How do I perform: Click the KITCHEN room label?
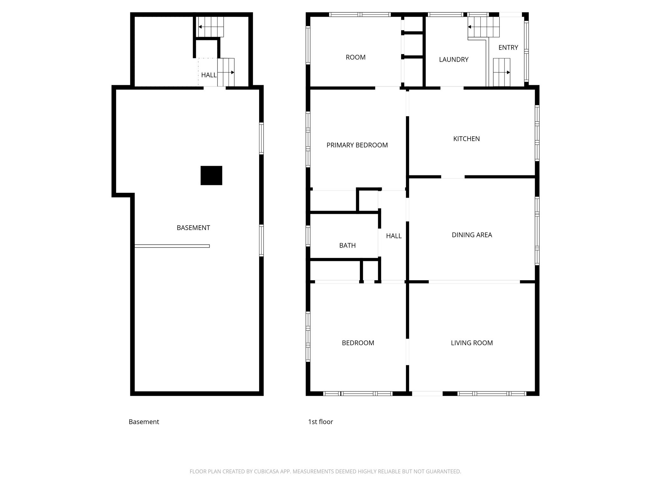point(466,139)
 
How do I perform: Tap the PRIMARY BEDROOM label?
point(357,145)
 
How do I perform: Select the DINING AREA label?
point(472,235)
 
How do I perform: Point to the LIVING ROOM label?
point(472,343)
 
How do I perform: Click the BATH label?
point(347,245)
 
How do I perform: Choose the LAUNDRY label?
point(454,59)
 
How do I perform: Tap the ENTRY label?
point(508,48)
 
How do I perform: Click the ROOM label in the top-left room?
point(356,57)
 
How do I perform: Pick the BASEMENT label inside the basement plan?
point(193,228)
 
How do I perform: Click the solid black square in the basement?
point(211,175)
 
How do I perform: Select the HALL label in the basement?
point(209,75)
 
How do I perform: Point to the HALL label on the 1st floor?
point(394,236)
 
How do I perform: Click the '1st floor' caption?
point(320,422)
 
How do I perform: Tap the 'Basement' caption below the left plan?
point(144,422)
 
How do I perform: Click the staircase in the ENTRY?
point(502,72)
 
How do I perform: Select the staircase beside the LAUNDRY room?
point(483,27)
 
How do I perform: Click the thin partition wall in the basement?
point(172,246)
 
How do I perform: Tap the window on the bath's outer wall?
point(308,236)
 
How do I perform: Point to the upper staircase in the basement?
point(211,27)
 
